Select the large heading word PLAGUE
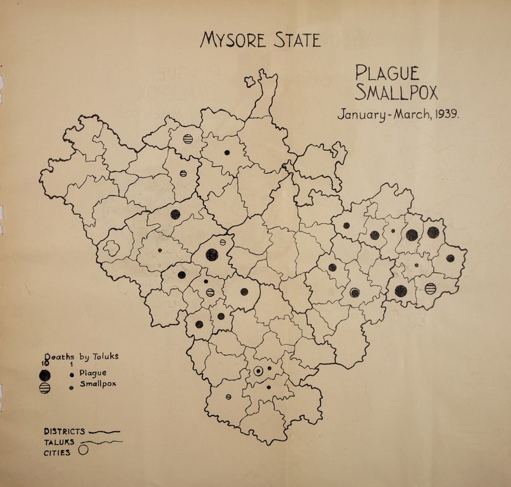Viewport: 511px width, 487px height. (x=392, y=69)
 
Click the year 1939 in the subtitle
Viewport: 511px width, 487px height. (x=452, y=116)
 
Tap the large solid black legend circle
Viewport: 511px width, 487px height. (x=45, y=375)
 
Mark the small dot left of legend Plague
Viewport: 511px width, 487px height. (x=75, y=375)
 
